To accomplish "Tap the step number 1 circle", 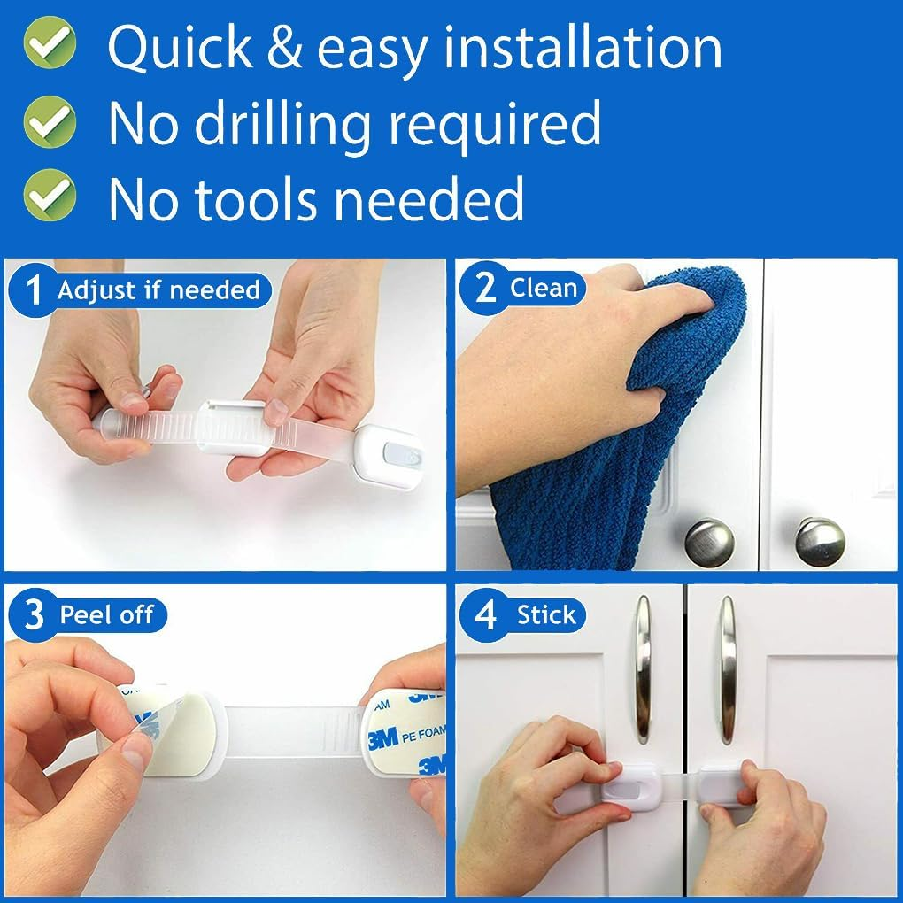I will click(34, 290).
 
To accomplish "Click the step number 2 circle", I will click(485, 288).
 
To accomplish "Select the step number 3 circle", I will click(34, 615).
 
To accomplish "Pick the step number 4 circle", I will click(485, 615).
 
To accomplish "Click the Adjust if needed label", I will click(158, 290).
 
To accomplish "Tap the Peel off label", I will click(106, 615).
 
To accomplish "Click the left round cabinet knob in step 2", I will click(709, 542).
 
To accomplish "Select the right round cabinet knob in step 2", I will click(819, 542).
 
